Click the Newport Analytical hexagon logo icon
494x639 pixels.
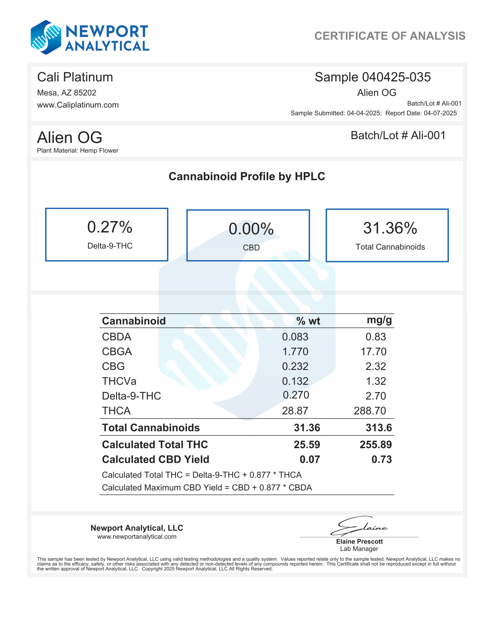click(x=46, y=38)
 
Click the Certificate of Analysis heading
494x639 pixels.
click(x=389, y=36)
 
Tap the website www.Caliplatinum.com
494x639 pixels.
click(x=78, y=105)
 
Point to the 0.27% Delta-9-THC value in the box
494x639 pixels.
click(x=110, y=228)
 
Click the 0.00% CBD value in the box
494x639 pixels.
click(x=251, y=229)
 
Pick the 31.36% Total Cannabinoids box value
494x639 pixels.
click(x=390, y=228)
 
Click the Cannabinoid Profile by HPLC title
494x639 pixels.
click(x=247, y=176)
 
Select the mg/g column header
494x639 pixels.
click(x=379, y=320)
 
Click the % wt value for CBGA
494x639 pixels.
click(x=295, y=352)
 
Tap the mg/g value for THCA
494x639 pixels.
click(x=370, y=411)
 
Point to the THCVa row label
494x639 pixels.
click(x=119, y=381)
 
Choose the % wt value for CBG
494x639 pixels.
click(x=295, y=366)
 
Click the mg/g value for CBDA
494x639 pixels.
click(x=376, y=337)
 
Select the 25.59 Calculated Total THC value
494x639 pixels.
click(x=307, y=445)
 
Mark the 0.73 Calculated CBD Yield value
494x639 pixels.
click(x=381, y=459)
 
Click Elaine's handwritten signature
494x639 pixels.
click(x=359, y=526)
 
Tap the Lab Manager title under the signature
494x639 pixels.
click(x=359, y=549)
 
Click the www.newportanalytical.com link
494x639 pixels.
click(x=137, y=537)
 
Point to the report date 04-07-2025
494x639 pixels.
click(x=440, y=113)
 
